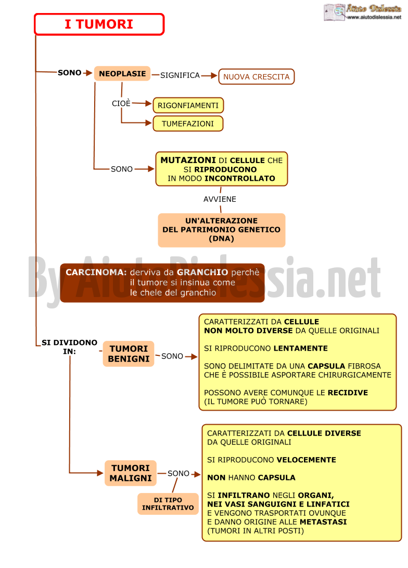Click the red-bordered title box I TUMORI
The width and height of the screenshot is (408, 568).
pyautogui.click(x=99, y=24)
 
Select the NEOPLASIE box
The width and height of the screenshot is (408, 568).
pyautogui.click(x=122, y=73)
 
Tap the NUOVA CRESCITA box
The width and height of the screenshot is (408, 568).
pyautogui.click(x=257, y=77)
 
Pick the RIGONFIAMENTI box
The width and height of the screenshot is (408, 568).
pyautogui.click(x=188, y=105)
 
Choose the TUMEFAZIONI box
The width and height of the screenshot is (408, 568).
pyautogui.click(x=188, y=124)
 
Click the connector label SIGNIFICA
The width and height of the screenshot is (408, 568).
pyautogui.click(x=180, y=76)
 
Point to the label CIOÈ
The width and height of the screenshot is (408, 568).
pyautogui.click(x=121, y=103)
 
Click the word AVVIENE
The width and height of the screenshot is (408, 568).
pyautogui.click(x=220, y=199)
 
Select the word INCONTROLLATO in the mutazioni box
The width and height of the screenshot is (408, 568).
pyautogui.click(x=240, y=178)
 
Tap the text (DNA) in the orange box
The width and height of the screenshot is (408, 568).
pyautogui.click(x=221, y=239)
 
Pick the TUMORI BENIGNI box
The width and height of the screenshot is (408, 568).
pyautogui.click(x=129, y=354)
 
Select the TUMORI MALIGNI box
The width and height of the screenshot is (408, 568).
pyautogui.click(x=131, y=473)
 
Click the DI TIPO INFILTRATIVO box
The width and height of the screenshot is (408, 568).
pyautogui.click(x=168, y=504)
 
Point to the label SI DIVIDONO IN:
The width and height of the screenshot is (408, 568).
pyautogui.click(x=69, y=347)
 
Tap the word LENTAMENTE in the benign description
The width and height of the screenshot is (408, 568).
pyautogui.click(x=301, y=349)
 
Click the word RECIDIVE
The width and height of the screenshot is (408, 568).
pyautogui.click(x=348, y=393)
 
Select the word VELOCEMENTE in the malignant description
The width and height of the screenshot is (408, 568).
pyautogui.click(x=307, y=460)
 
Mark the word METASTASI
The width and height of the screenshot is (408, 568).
pyautogui.click(x=323, y=522)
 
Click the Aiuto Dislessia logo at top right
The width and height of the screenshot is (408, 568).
pyautogui.click(x=363, y=12)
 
